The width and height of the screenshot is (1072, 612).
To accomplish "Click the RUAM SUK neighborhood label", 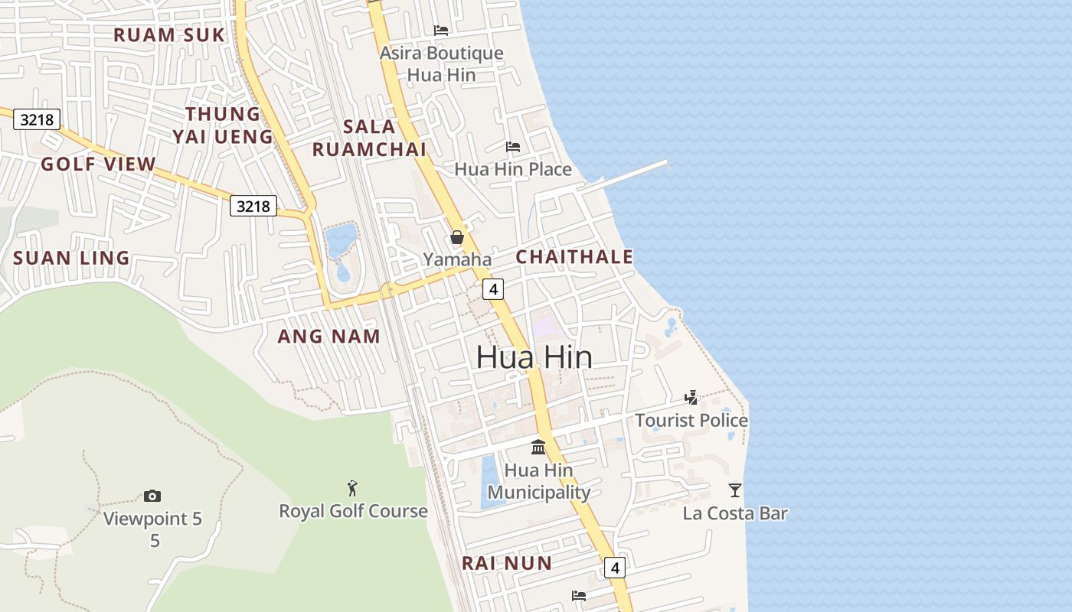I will pos(169,35).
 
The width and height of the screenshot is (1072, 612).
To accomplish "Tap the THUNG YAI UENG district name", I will pos(223,125).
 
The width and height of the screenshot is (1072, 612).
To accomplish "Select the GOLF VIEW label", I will pos(98,164).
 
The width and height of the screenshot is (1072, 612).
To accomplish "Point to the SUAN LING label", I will pos(71,258).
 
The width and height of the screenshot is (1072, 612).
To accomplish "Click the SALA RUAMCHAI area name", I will pos(369,138).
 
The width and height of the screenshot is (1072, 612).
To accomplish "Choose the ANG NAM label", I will pos(328,336).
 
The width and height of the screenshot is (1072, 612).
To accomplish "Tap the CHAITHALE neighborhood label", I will pos(574,257).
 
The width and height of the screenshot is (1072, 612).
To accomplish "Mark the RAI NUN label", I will pos(506,564).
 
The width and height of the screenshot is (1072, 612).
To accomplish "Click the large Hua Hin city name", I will pos(534,357).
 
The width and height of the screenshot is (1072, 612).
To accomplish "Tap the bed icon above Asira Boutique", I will pos(441,31).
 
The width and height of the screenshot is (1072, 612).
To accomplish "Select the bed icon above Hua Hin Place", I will pos(513,146).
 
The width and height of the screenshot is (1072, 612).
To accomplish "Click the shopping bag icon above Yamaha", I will pos(457,237).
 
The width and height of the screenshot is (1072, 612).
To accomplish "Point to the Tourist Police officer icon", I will pos(691,397).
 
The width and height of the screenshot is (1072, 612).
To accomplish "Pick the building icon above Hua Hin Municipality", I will pos(538,447).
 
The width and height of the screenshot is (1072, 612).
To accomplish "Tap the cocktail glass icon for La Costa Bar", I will pos(735,490).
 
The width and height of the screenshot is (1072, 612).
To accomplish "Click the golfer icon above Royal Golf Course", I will pos(352,488).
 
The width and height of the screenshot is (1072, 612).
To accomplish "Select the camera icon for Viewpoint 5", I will pos(152,496).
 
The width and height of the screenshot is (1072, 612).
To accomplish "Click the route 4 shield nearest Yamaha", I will pos(493,289).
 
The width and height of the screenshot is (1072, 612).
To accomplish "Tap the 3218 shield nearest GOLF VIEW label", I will pos(37,119).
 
